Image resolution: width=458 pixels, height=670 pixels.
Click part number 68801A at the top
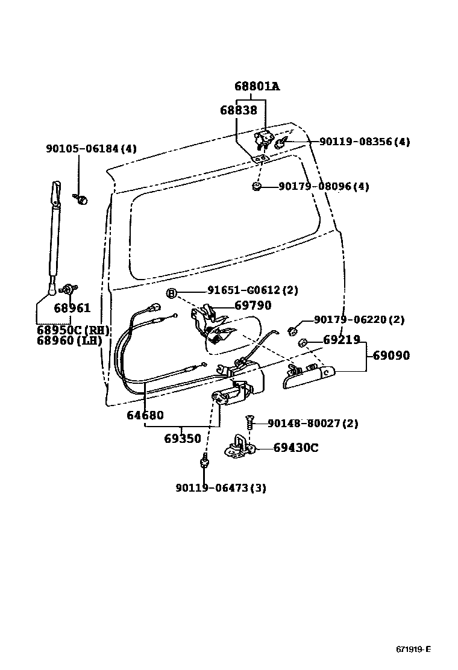click(x=257, y=86)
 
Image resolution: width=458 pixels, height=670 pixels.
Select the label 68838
click(x=238, y=110)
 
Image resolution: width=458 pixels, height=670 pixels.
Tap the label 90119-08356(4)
click(x=364, y=142)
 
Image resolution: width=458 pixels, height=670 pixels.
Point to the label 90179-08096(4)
click(x=324, y=186)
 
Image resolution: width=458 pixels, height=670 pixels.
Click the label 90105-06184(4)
click(x=91, y=148)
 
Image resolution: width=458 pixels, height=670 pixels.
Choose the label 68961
click(x=72, y=308)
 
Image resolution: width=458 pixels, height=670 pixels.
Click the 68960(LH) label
click(x=69, y=340)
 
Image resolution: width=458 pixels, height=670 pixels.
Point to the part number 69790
click(x=253, y=305)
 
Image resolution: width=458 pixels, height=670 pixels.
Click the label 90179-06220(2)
click(x=359, y=320)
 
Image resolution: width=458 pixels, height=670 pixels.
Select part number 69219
click(x=341, y=340)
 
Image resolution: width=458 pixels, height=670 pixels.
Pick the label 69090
click(x=391, y=355)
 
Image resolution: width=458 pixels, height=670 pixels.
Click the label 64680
click(x=145, y=415)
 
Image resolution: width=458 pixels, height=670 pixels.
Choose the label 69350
click(x=182, y=439)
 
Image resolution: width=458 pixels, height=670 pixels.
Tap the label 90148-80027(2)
click(x=312, y=424)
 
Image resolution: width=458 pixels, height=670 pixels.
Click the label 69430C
click(x=295, y=448)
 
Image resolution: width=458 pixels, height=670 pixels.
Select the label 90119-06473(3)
click(x=221, y=487)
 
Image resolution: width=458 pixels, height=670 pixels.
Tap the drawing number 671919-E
click(x=413, y=649)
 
